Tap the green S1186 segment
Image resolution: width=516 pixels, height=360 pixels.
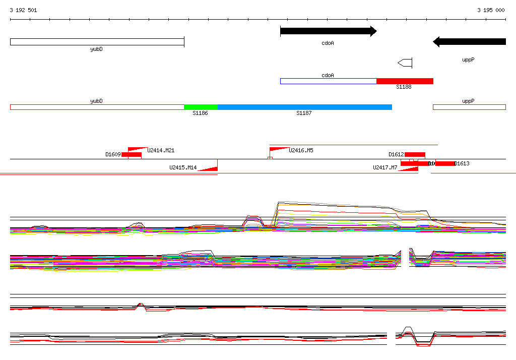[x=201, y=107]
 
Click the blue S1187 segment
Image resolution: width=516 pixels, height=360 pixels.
[x=304, y=107]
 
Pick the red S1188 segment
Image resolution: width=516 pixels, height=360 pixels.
[x=405, y=81]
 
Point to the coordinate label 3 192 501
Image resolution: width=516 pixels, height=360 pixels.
[x=23, y=10]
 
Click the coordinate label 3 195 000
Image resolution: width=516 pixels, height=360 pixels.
[x=491, y=10]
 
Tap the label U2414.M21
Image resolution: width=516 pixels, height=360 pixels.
[x=161, y=150]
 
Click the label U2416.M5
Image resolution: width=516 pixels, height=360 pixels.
[x=301, y=150]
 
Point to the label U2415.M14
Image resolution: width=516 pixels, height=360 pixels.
[x=183, y=167]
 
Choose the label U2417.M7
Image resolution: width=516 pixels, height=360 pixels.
[x=384, y=167]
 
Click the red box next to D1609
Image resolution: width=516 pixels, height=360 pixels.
[x=132, y=154]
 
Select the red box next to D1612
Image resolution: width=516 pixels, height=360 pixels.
[x=415, y=154]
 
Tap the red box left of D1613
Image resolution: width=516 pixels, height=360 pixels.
[x=445, y=163]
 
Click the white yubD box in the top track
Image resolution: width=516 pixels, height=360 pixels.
[x=97, y=42]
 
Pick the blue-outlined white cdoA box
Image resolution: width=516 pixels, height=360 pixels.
[x=328, y=81]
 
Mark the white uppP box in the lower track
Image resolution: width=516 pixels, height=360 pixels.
[x=469, y=107]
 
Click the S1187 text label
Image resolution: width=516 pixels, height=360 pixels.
[x=304, y=113]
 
